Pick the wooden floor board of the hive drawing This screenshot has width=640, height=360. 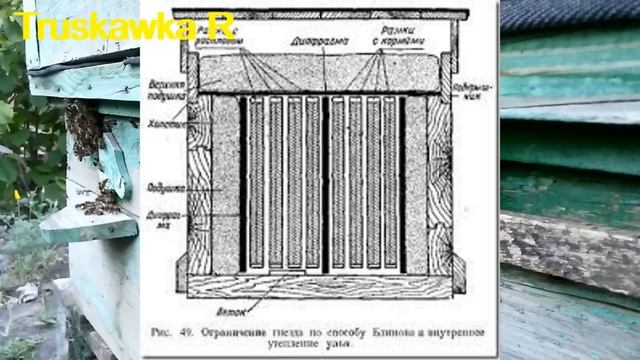click(320, 286)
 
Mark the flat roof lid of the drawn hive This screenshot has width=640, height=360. click(320, 14)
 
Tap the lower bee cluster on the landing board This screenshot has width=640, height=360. click(100, 200)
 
